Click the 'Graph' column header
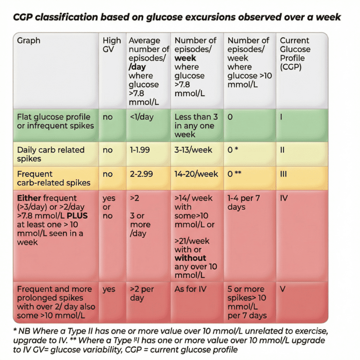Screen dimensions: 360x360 (x=29, y=40)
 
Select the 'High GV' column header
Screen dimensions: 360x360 (x=112, y=45)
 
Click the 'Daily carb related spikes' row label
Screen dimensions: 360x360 (x=51, y=154)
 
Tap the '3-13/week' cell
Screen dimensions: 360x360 (x=193, y=150)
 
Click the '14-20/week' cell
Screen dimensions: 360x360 (x=196, y=174)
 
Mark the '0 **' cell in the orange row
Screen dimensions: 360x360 (x=235, y=174)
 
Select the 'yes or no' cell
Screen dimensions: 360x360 (x=110, y=207)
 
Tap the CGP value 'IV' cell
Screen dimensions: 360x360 (x=284, y=198)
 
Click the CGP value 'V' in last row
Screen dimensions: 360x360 (x=283, y=289)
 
